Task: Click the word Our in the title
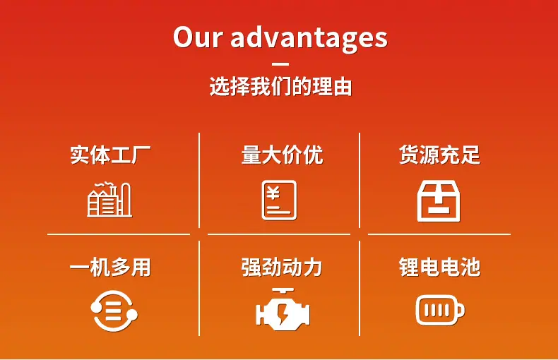(x=198, y=37)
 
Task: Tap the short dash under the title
(x=280, y=64)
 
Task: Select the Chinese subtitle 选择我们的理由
(x=280, y=86)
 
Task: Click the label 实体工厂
(x=110, y=155)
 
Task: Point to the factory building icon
(x=109, y=200)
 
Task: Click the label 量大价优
(x=282, y=155)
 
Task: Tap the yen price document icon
(x=280, y=200)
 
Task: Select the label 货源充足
(x=439, y=155)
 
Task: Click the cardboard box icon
(x=439, y=201)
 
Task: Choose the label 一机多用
(x=110, y=267)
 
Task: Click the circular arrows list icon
(x=114, y=311)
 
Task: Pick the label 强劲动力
(x=282, y=267)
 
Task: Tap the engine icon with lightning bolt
(x=283, y=309)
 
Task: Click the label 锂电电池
(x=439, y=267)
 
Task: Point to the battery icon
(x=440, y=310)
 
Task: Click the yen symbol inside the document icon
(x=273, y=193)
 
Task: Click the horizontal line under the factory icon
(x=119, y=234)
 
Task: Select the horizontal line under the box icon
(x=439, y=234)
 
